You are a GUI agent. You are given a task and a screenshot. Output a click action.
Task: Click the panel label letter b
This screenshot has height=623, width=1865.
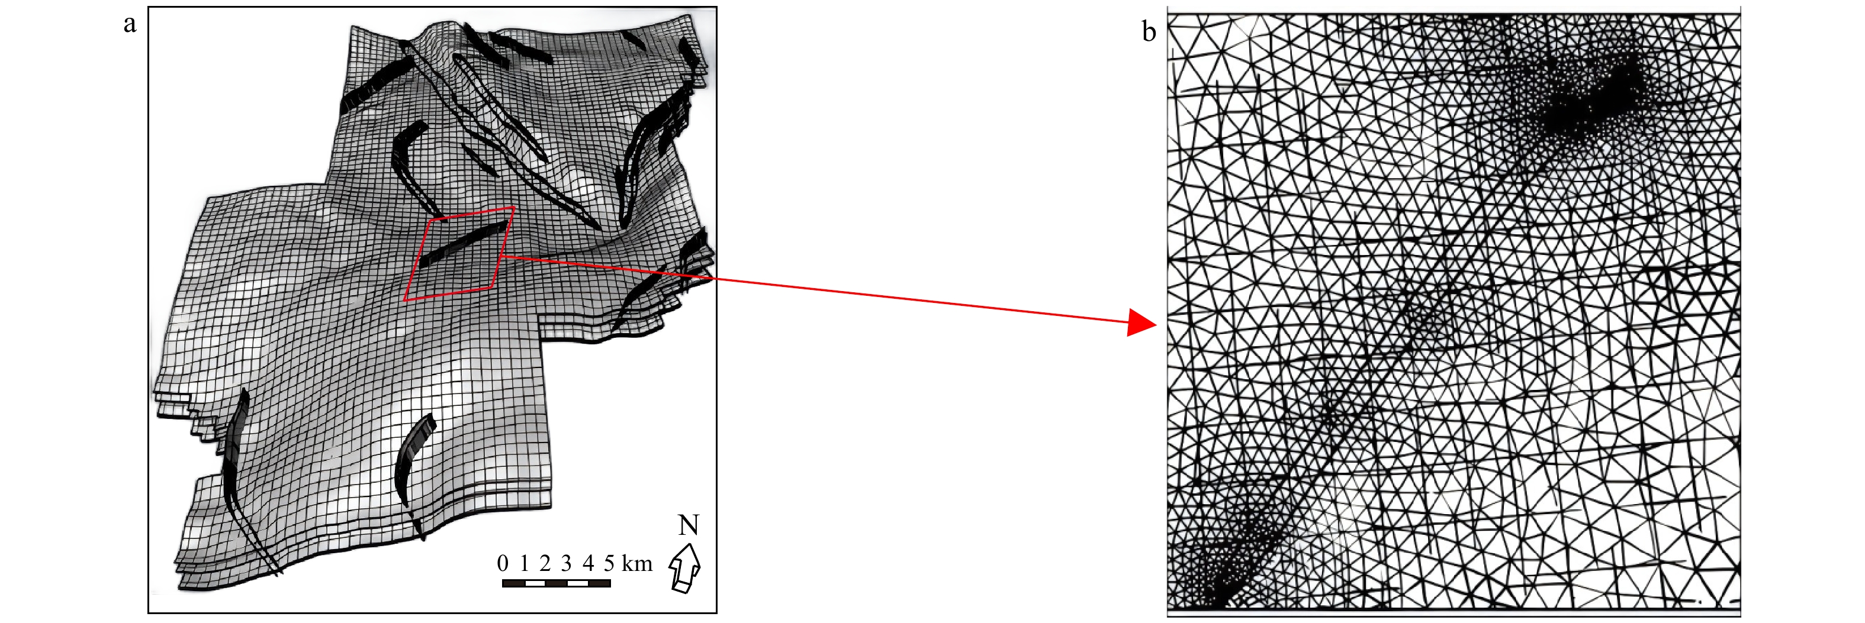coord(1149,31)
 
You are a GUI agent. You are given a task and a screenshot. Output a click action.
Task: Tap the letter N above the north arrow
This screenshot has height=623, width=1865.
coord(689,525)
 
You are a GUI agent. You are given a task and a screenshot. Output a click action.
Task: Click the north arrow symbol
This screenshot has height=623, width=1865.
coord(685,569)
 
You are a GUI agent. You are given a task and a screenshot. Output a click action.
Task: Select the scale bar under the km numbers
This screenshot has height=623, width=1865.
coord(556,583)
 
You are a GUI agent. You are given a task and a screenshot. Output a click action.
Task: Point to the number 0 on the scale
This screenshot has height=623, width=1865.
coord(503,563)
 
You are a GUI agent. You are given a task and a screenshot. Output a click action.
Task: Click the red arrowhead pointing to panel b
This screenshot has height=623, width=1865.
coord(1143,322)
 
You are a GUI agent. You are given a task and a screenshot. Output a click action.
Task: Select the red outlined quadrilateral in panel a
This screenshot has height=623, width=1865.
coord(459,253)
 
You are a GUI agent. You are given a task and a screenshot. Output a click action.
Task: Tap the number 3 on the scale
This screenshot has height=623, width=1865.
coord(566,563)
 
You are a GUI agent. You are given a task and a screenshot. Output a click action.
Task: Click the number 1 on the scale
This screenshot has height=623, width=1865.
coord(524,563)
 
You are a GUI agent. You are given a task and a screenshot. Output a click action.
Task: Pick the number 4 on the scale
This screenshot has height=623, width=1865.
coord(588,563)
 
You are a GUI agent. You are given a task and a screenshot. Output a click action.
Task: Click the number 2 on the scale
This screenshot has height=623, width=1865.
coord(545,563)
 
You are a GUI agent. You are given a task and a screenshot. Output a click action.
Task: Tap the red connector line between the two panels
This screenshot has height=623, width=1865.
coord(815,289)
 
